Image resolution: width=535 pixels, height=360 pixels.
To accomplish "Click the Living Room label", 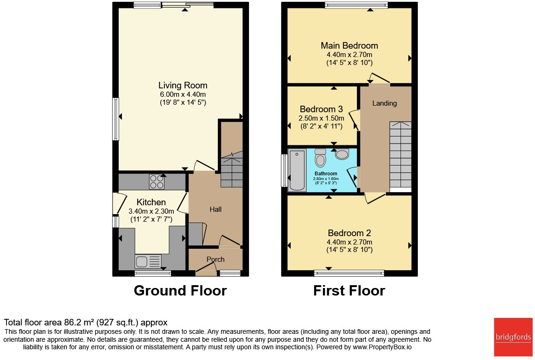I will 183,86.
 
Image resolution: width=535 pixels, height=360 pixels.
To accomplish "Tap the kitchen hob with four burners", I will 157,181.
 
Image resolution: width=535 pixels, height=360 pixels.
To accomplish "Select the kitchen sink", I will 148,261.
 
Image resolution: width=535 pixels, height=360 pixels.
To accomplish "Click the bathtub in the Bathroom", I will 297,171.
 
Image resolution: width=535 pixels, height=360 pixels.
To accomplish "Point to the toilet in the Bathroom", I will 321,158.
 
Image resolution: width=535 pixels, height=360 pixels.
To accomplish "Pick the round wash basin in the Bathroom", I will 342,154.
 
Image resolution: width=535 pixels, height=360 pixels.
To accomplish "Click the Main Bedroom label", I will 349,46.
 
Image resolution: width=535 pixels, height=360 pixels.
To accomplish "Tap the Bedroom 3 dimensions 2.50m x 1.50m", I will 321,118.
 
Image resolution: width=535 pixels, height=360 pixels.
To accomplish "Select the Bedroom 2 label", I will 349,233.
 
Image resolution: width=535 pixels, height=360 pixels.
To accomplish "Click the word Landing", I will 384,103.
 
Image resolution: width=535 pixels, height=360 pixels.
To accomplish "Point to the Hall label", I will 215,209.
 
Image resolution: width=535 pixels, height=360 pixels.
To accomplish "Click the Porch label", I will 215,259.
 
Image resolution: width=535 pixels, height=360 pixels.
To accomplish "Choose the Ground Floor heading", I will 180,290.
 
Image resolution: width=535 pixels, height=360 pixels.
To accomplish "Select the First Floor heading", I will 349,290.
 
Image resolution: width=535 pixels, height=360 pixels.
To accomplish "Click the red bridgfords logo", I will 513,337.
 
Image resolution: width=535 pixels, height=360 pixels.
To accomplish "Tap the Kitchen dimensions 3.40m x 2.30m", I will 151,211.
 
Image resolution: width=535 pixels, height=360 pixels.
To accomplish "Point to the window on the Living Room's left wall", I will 115,119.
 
